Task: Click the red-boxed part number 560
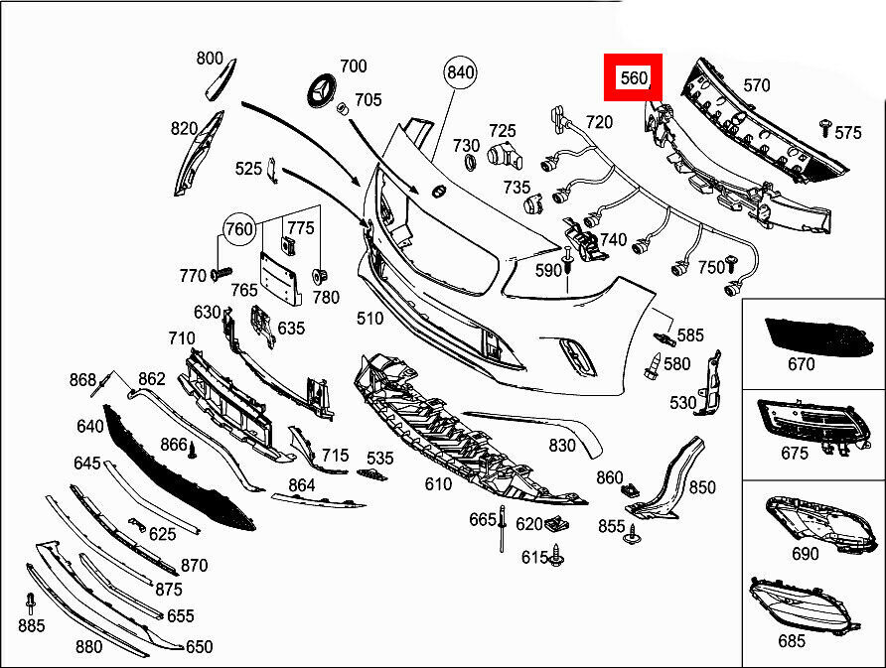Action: point(634,77)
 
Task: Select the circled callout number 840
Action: point(461,72)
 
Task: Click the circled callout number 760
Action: point(239,229)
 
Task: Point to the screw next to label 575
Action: point(824,126)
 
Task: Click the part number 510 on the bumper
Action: point(369,319)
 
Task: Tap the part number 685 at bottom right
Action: point(792,641)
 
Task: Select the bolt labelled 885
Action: point(31,601)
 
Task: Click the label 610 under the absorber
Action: point(438,484)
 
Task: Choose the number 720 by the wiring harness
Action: point(599,122)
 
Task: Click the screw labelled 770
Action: point(221,272)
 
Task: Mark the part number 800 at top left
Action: point(210,59)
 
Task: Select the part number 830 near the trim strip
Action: point(562,447)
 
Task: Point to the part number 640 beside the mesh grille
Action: point(89,427)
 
